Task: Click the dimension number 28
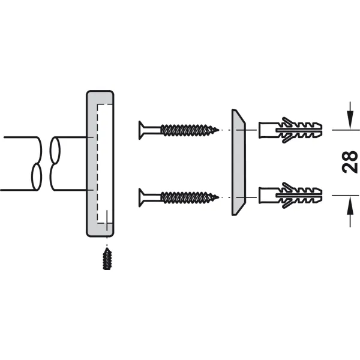[350, 162]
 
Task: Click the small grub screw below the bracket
[107, 258]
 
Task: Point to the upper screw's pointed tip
[218, 130]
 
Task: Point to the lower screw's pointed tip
[218, 197]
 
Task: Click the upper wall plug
[290, 130]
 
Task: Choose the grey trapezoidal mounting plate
[239, 163]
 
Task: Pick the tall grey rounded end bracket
[100, 163]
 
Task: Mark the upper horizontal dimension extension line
[346, 130]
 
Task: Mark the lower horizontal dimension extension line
[346, 196]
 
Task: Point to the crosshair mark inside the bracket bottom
[107, 223]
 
